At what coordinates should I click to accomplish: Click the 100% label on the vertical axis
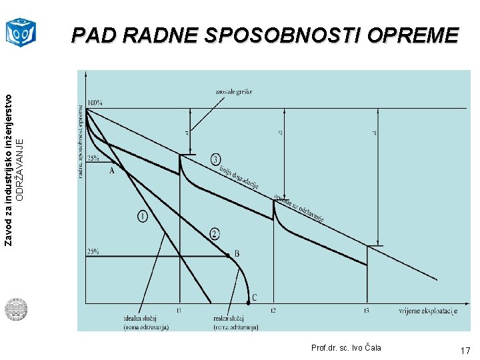click(x=93, y=103)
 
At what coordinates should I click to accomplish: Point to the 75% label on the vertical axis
click(x=93, y=158)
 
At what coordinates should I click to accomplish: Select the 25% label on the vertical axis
click(x=93, y=251)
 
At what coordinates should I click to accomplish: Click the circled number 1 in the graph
click(x=143, y=217)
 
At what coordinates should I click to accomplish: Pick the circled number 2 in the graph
click(x=215, y=233)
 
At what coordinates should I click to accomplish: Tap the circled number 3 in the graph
click(x=216, y=159)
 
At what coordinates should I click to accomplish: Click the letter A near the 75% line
click(x=111, y=171)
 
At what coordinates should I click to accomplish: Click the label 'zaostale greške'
click(x=234, y=91)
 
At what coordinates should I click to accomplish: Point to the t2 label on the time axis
click(x=273, y=311)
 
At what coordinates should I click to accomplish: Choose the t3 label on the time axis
click(x=367, y=311)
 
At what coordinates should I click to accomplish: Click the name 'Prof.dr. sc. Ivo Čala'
click(x=346, y=348)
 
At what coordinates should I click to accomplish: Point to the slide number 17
click(x=465, y=350)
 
